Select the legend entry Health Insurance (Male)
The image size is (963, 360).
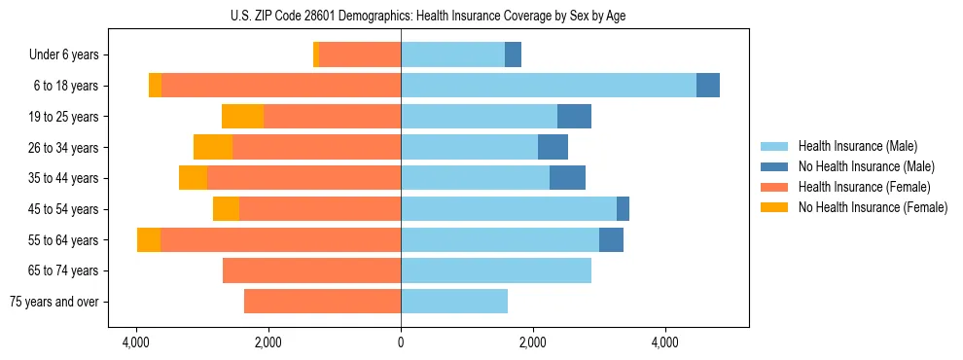point(858,146)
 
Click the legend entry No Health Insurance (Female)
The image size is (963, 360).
point(873,207)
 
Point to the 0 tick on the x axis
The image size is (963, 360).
point(401,343)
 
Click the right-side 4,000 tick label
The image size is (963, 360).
point(665,343)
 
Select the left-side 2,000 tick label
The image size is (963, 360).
point(267,343)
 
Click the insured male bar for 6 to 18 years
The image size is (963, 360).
point(549,86)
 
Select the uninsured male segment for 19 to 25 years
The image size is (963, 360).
point(574,117)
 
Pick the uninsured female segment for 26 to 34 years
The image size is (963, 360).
point(213,147)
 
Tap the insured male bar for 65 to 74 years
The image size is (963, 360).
point(496,270)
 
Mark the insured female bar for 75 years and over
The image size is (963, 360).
point(322,302)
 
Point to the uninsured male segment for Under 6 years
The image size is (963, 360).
point(513,55)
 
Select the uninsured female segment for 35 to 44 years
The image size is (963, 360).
point(193,178)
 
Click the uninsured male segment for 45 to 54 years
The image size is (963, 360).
point(623,209)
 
